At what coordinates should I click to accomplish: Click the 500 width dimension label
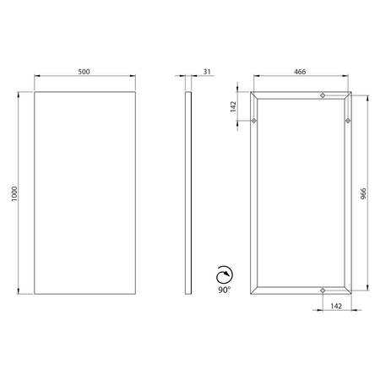[x=84, y=72]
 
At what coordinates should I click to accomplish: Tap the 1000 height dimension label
[x=14, y=193]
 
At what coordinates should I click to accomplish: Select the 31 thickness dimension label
[x=207, y=72]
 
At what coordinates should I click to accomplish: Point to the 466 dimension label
[x=300, y=72]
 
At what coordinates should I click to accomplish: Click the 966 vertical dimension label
[x=363, y=193]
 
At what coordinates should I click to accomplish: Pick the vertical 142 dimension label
[x=233, y=106]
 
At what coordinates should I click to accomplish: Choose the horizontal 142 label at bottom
[x=336, y=306]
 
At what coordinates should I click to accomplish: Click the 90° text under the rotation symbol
[x=224, y=290]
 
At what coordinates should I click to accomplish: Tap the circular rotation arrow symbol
[x=225, y=274]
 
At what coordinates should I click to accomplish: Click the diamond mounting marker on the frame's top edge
[x=323, y=95]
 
